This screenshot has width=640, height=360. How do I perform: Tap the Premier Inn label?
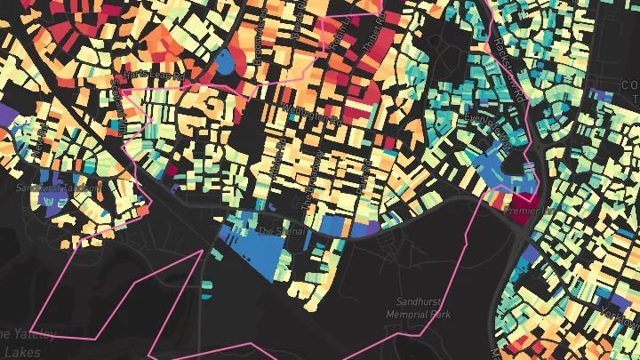[x=524, y=212]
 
